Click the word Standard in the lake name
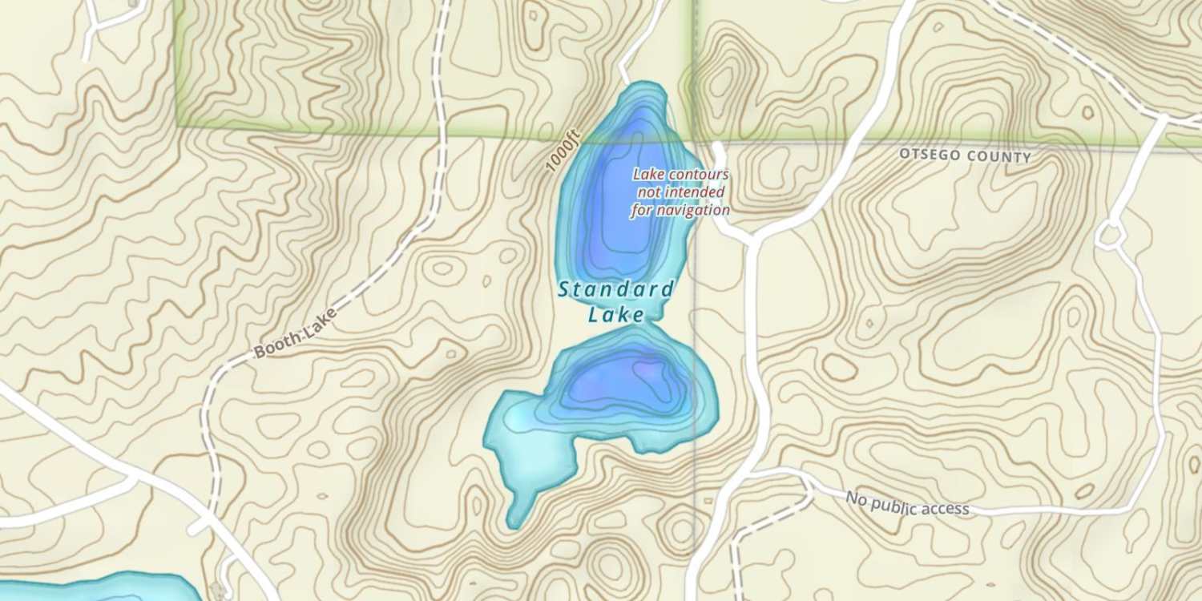pyautogui.click(x=616, y=288)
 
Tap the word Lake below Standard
pyautogui.click(x=616, y=315)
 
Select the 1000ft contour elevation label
pyautogui.click(x=562, y=152)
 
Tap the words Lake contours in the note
pyautogui.click(x=680, y=174)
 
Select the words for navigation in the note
pyautogui.click(x=680, y=211)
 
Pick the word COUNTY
pyautogui.click(x=1001, y=156)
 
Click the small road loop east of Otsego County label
pyautogui.click(x=1111, y=235)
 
